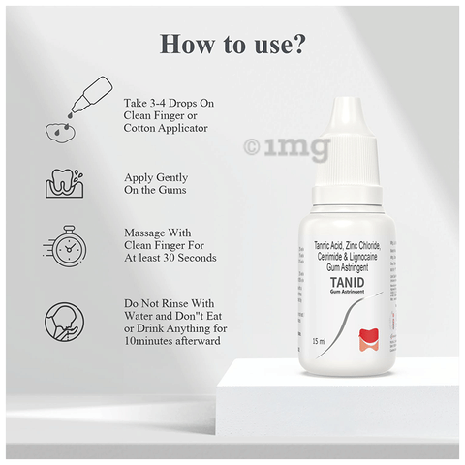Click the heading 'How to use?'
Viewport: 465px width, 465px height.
(232, 46)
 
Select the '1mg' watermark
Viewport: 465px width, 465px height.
(302, 147)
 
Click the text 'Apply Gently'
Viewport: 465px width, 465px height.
(156, 178)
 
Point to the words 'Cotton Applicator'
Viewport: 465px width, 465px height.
(166, 127)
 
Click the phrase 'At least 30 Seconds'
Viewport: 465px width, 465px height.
(170, 258)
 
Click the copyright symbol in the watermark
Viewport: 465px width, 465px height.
(251, 147)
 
